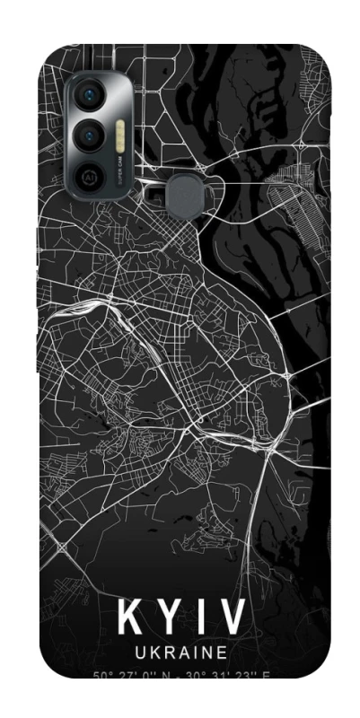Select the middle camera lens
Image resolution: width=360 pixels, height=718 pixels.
coord(91,136)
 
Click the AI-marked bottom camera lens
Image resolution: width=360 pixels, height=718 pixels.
coord(91,176)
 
